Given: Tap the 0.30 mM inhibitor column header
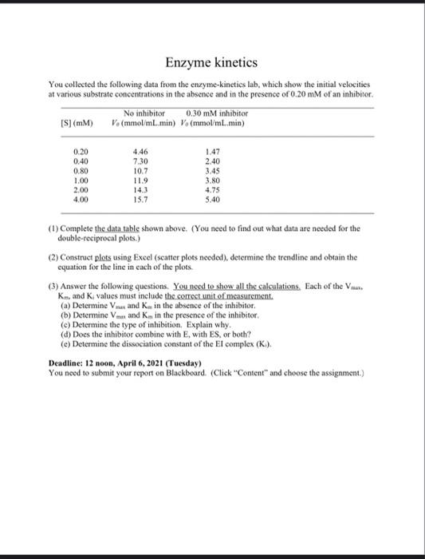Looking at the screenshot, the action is pos(216,113).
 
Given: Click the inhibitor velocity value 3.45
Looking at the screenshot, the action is pos(213,170).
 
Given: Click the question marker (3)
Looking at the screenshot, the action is pos(53,287).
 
